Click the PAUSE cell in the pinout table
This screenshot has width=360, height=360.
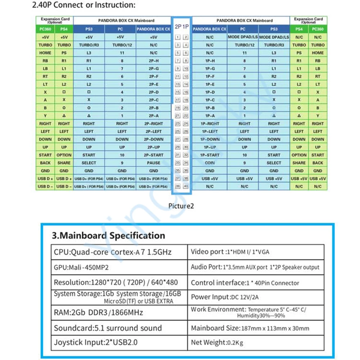[153, 163]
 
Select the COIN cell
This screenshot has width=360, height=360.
[210, 163]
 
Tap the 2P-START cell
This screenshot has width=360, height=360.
[153, 155]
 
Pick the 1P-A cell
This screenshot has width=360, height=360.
[210, 116]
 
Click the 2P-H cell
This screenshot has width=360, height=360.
[153, 60]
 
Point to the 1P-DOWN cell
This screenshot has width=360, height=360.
[210, 139]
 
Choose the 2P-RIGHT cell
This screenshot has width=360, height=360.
[153, 123]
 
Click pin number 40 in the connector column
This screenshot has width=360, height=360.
[186, 186]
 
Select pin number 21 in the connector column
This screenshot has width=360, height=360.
[178, 116]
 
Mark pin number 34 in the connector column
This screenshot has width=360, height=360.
[186, 163]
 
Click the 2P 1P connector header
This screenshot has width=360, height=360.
[182, 27]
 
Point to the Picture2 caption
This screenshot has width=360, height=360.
[181, 206]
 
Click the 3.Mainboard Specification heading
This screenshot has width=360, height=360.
[108, 236]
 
